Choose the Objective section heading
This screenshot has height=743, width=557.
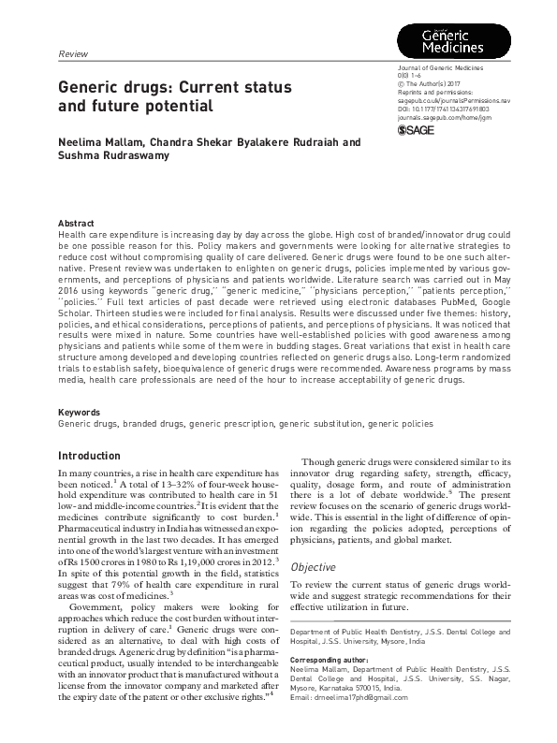(315, 567)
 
